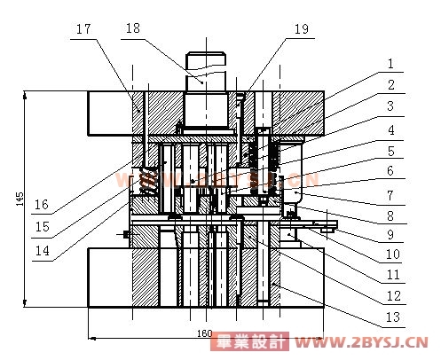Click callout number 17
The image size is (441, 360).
click(83, 29)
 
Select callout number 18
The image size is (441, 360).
click(133, 28)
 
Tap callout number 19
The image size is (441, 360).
click(302, 29)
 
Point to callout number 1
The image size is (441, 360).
click(390, 64)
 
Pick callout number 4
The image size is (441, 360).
click(391, 129)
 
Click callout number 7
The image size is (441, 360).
click(390, 195)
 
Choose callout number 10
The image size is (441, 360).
click(393, 254)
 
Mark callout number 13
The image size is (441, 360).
click(393, 317)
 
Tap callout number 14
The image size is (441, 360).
click(43, 251)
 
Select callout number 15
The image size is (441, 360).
click(43, 227)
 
